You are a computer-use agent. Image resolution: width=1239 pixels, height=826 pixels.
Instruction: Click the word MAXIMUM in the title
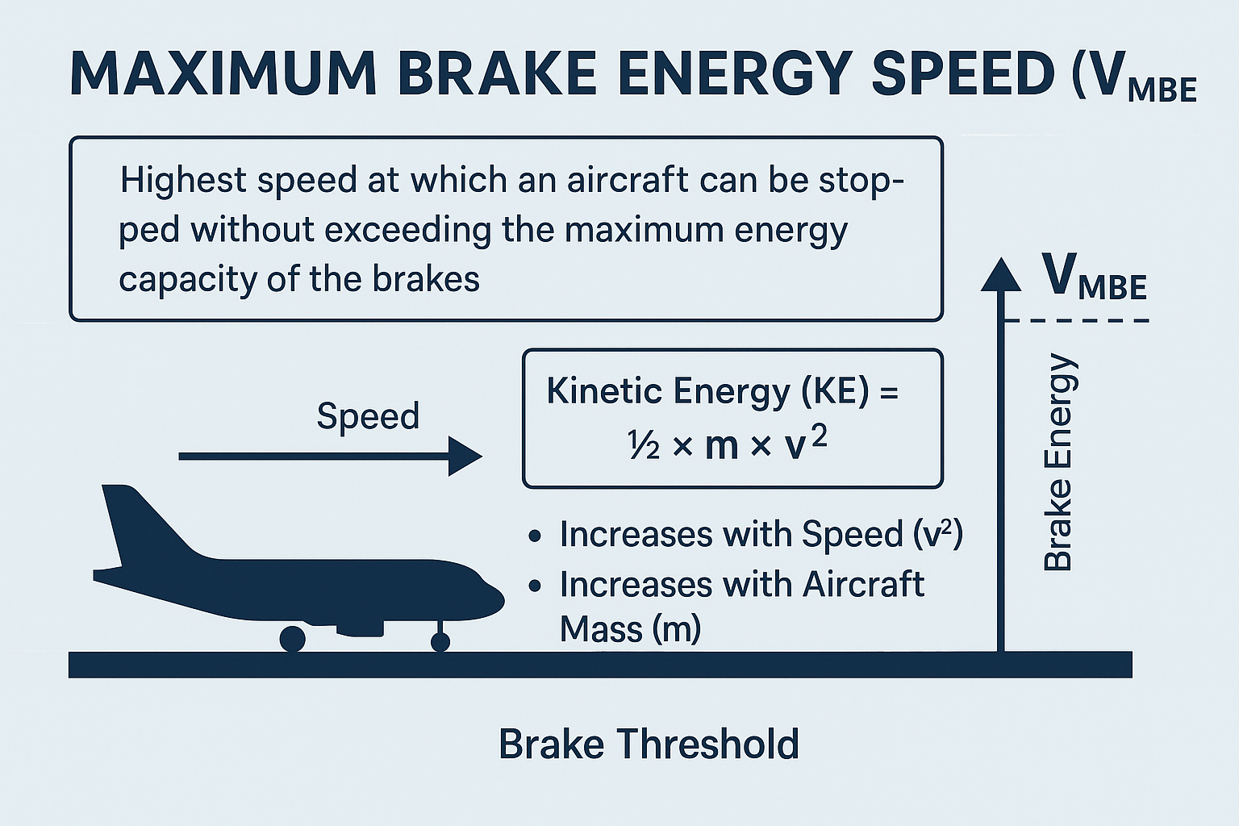[x=223, y=74]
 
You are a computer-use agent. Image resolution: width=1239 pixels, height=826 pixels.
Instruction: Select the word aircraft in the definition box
[x=628, y=180]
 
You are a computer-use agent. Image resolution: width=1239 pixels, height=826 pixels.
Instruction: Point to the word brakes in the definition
[x=425, y=279]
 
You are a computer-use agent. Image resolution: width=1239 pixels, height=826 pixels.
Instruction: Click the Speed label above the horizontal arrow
[x=368, y=415]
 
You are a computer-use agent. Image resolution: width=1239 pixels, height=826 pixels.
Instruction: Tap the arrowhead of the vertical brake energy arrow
[x=1000, y=274]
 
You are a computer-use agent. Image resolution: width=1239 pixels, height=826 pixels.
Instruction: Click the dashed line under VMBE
[x=1076, y=320]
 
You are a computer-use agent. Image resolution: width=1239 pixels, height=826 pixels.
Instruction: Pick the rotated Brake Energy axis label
[x=1058, y=462]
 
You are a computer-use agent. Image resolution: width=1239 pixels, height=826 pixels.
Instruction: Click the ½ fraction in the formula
[x=643, y=445]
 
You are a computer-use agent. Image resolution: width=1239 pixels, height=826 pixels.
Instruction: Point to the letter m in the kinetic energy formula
[x=722, y=447]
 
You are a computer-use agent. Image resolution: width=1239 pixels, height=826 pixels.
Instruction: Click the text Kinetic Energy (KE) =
[x=723, y=392]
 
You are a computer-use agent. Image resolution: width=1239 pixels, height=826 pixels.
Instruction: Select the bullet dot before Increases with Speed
[x=534, y=536]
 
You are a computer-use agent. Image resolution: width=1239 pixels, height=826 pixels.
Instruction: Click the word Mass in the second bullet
[x=601, y=630]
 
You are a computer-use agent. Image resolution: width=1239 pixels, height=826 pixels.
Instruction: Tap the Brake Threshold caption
[x=649, y=744]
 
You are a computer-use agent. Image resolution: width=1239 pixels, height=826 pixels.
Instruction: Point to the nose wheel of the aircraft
[x=440, y=642]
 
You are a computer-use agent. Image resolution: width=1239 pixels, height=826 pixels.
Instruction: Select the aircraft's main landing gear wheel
[x=293, y=640]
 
